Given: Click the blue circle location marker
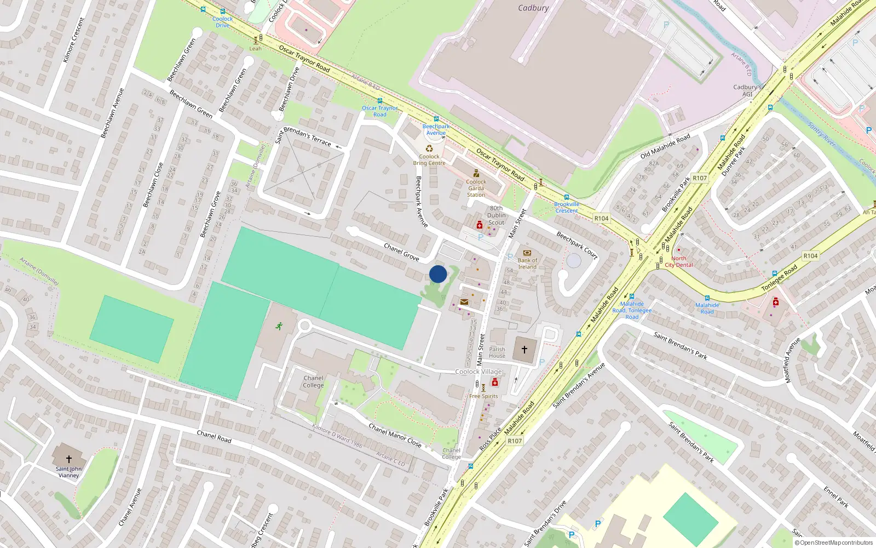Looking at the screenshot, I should click(x=438, y=274).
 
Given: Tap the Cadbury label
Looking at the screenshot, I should click(x=533, y=8).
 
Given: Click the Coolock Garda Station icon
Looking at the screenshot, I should click(x=476, y=174).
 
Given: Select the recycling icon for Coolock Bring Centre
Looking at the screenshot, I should click(x=429, y=149).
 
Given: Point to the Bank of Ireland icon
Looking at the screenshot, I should click(x=527, y=253).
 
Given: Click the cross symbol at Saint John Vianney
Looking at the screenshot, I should click(x=69, y=459).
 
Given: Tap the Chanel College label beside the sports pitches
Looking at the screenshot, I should click(x=313, y=381).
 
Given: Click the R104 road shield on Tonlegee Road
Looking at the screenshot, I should click(x=810, y=256).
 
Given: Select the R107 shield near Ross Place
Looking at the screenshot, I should click(x=515, y=441).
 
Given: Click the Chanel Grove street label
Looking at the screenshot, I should click(x=401, y=252).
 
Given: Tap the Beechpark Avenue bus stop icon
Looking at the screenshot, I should click(x=436, y=119).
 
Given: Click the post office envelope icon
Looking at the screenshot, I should click(x=464, y=302).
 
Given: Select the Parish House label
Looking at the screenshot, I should click(x=497, y=352).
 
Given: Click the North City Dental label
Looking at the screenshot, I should click(x=679, y=261).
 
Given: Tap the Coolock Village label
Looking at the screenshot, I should click(x=478, y=372).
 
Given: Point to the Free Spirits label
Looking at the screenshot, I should click(x=483, y=396).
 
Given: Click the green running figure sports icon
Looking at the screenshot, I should click(x=279, y=326).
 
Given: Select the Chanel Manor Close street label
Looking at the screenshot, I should click(x=395, y=435).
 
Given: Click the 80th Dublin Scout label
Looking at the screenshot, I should click(x=497, y=215).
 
